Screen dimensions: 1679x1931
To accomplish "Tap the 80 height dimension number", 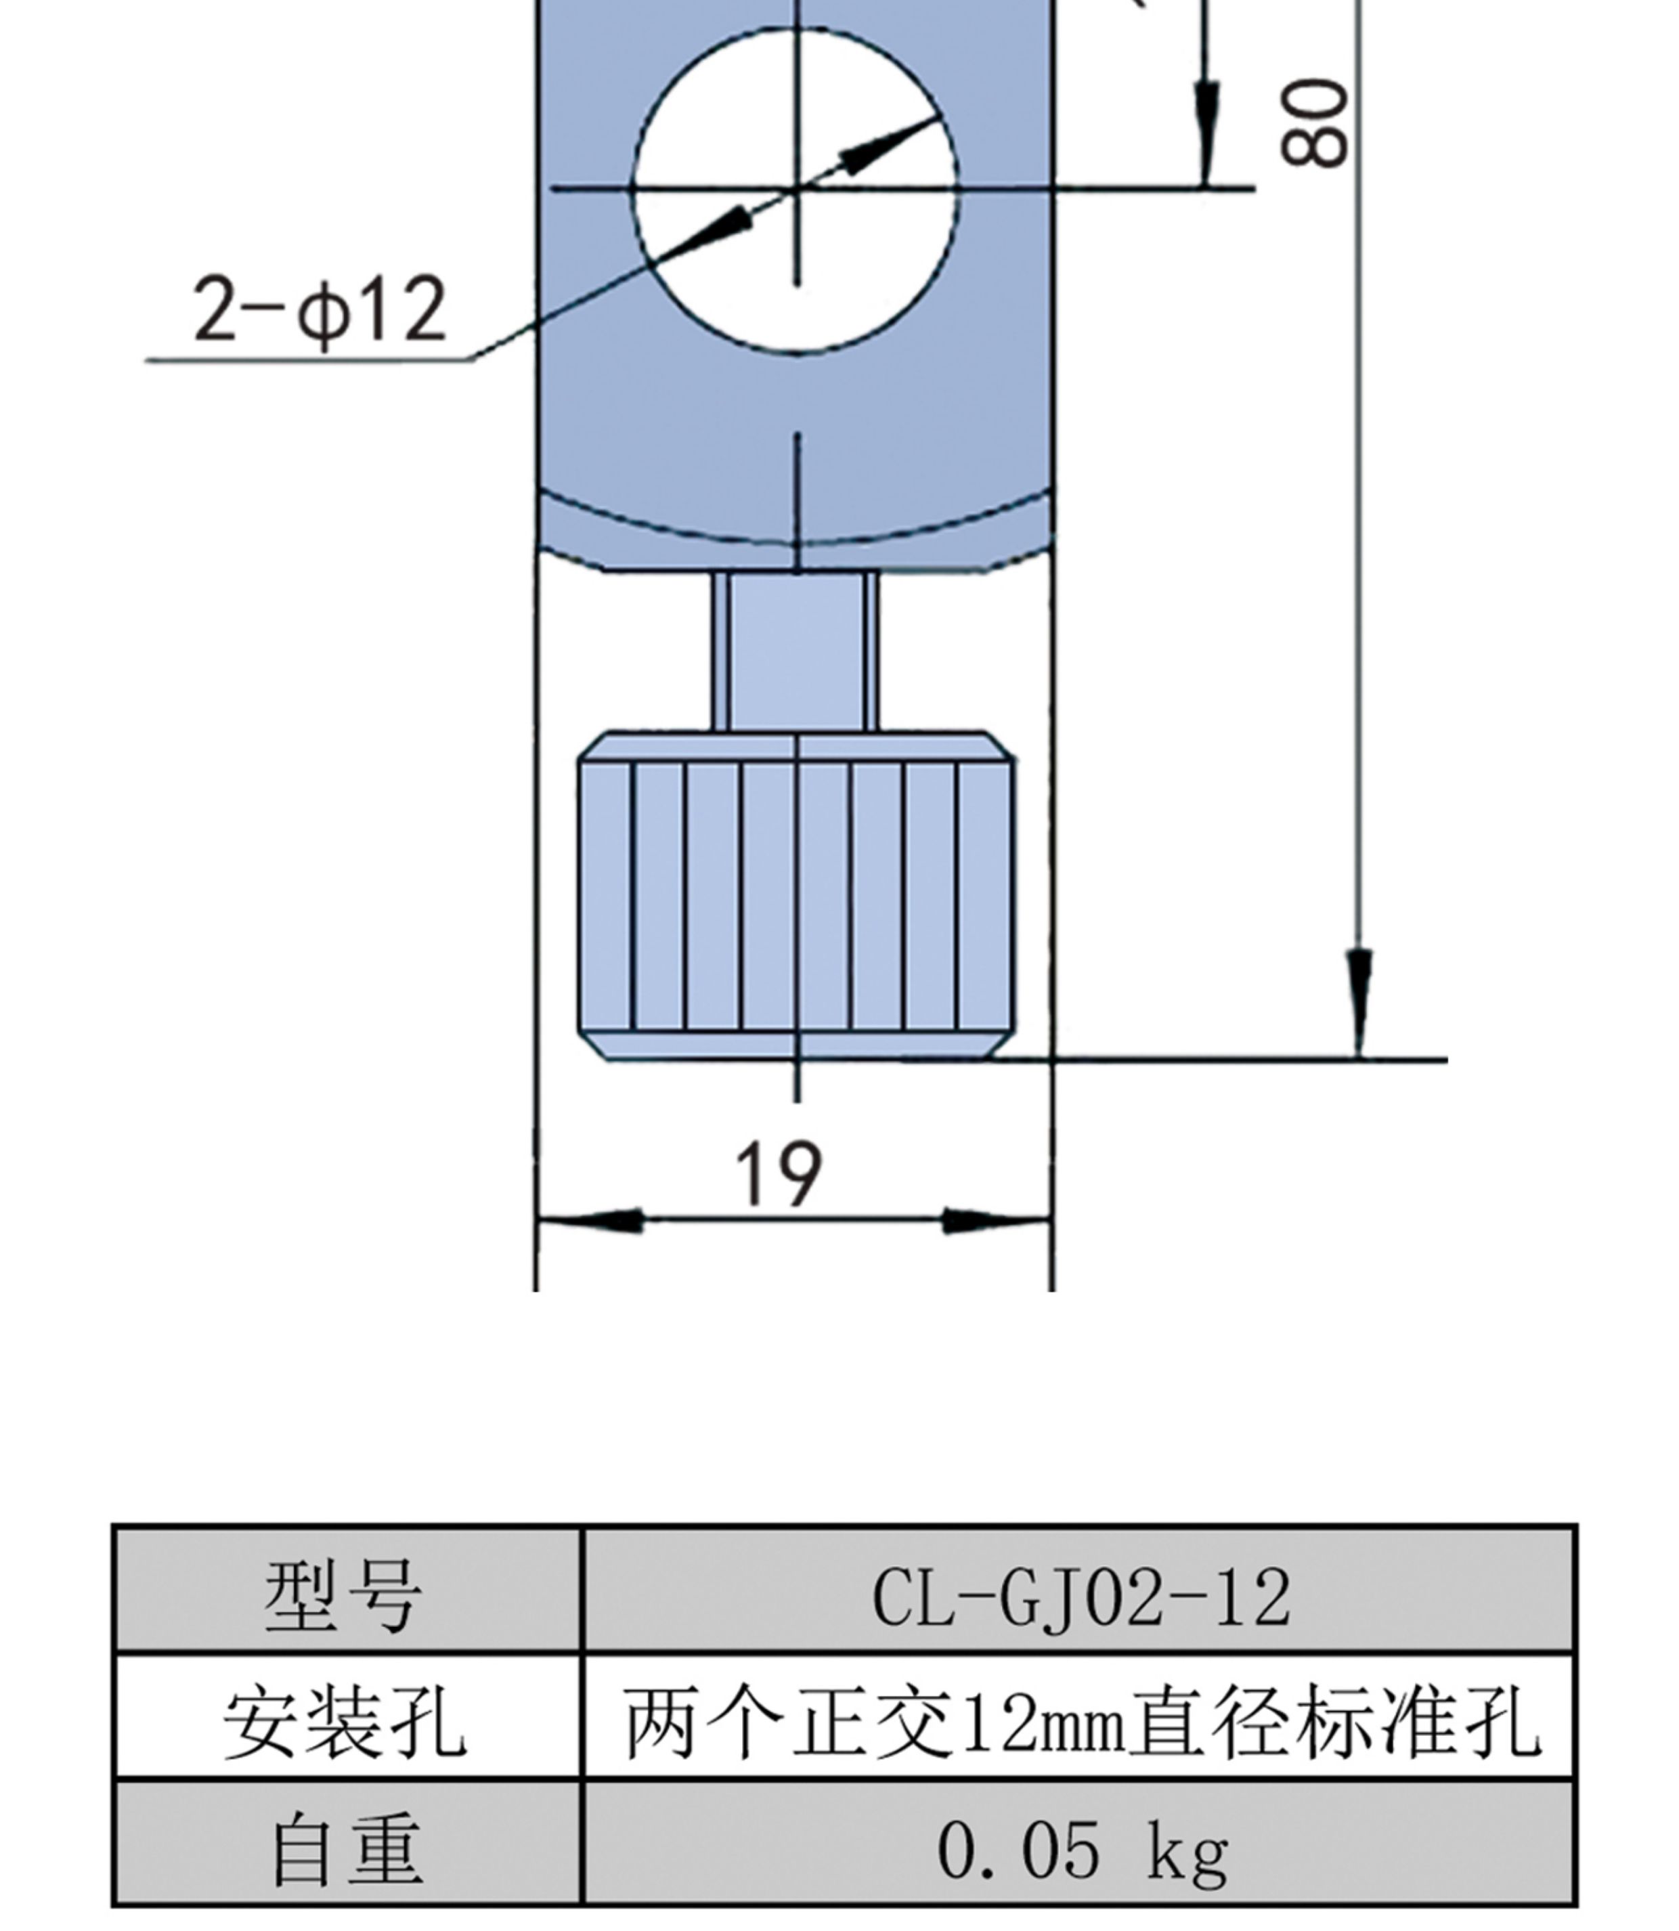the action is coord(1315,123).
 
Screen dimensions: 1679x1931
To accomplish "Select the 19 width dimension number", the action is coord(779,1175).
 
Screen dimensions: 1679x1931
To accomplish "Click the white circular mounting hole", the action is coord(796,190).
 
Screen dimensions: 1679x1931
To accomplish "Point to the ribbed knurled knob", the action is coord(796,896).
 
